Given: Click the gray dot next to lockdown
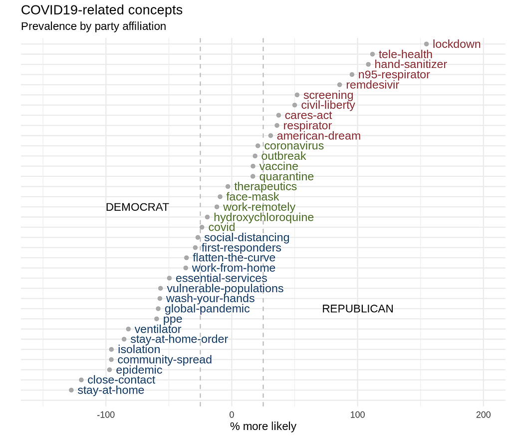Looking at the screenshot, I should coord(426,44).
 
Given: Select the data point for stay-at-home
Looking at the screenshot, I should coord(71,390).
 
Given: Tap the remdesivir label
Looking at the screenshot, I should coord(372,85).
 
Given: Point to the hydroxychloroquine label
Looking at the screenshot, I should coord(263,217).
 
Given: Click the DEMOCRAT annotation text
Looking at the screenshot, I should coord(137,207).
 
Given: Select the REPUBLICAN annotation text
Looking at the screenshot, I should coord(358,309).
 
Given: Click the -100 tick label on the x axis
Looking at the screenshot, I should coord(106,415).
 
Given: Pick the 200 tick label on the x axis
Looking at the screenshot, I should coord(483,415).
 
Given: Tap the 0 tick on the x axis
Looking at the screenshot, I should coord(232,415).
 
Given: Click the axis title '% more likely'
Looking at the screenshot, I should coord(263,427).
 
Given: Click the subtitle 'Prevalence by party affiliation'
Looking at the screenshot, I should coord(93,26).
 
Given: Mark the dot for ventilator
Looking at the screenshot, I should coord(128,329).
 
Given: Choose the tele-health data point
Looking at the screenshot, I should coord(372,54).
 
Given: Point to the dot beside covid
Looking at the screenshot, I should coord(202,227).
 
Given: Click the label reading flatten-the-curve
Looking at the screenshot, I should coord(234,258).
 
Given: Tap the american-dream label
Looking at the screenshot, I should coord(318,136).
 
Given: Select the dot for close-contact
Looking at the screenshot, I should coord(81,380).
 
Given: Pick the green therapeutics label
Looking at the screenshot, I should coord(265,187).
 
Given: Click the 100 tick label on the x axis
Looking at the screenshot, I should coord(357,415).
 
